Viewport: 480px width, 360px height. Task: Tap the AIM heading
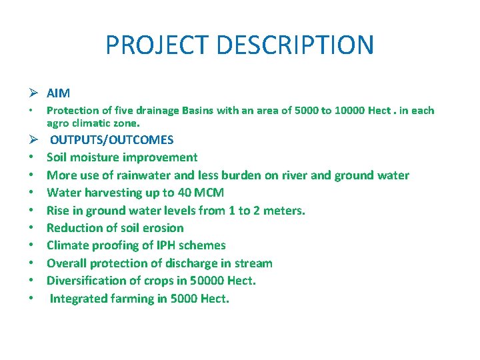[x=58, y=93]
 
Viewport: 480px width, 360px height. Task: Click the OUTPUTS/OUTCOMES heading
[x=112, y=140]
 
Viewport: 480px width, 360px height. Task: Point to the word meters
[x=283, y=211]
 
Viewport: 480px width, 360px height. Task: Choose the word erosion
[x=162, y=228]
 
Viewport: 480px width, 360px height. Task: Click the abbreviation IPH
[x=155, y=245]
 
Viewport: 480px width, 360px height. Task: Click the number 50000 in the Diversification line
[x=205, y=281]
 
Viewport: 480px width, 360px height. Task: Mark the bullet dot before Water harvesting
[x=32, y=193]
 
